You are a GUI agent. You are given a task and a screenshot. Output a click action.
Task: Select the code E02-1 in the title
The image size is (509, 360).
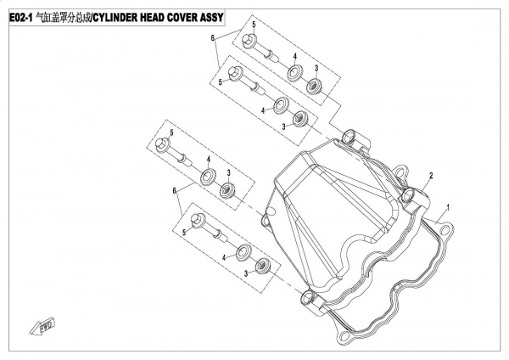pyautogui.click(x=20, y=18)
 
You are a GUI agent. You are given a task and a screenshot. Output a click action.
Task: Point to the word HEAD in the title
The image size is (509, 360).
pyautogui.click(x=150, y=18)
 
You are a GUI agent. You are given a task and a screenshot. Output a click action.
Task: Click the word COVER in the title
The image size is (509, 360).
pyautogui.click(x=181, y=18)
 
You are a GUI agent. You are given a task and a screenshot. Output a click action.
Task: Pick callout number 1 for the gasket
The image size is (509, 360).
pyautogui.click(x=448, y=207)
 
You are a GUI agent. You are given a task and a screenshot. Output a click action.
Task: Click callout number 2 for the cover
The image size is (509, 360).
pyautogui.click(x=431, y=176)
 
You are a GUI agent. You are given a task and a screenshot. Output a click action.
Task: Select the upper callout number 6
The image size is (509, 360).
pyautogui.click(x=213, y=38)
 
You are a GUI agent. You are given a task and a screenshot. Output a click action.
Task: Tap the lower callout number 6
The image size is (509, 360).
pyautogui.click(x=174, y=190)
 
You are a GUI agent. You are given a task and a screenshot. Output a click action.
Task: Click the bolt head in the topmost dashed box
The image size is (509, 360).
pyautogui.click(x=249, y=40)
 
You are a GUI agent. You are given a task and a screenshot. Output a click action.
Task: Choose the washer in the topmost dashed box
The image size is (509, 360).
pyautogui.click(x=294, y=73)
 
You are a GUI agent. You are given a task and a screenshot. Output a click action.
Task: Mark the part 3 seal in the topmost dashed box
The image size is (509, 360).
pyautogui.click(x=314, y=87)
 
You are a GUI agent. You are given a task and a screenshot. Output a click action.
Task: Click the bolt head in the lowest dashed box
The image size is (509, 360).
pyautogui.click(x=198, y=220)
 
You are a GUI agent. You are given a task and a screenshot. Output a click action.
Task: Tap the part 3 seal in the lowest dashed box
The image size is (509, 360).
pyautogui.click(x=263, y=266)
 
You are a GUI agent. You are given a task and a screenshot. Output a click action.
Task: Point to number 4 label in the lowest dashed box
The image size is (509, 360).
pyautogui.click(x=224, y=257)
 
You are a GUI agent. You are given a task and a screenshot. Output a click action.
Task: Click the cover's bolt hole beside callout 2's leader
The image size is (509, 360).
pyautogui.click(x=408, y=196)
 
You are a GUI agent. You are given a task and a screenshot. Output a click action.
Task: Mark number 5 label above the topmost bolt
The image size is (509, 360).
pyautogui.click(x=254, y=25)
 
